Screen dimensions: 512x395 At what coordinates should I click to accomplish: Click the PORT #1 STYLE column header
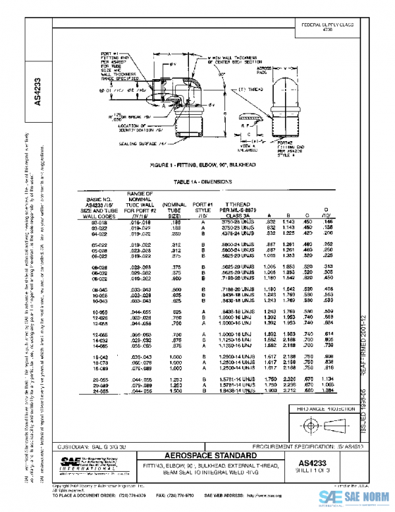click(x=206, y=210)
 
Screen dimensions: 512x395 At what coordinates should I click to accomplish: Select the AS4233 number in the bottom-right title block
click(x=315, y=463)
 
